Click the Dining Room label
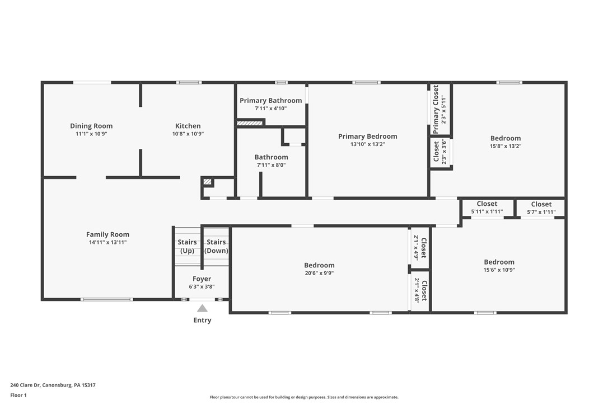pos(91,126)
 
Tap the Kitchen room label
pos(188,126)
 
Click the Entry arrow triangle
pos(202,308)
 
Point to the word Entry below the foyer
pos(202,320)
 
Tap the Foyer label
pos(202,279)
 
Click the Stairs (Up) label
pos(187,246)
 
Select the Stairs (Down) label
pos(216,246)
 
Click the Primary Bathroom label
pos(270,101)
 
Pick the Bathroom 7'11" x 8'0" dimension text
pos(272,165)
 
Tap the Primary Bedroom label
pos(367,136)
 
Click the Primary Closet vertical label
pos(436,109)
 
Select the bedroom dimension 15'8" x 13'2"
pos(506,146)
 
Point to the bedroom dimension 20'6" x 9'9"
pos(319,273)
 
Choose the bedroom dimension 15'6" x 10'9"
pos(499,270)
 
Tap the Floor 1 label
pos(18,395)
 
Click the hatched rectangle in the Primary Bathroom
pos(250,123)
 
